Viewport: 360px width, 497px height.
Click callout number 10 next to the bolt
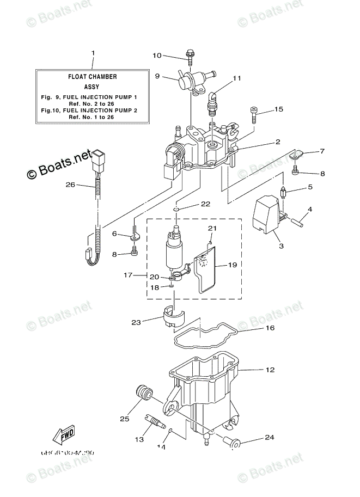point(157,56)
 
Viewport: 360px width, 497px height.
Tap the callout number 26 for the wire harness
point(69,185)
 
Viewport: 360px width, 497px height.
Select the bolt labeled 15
point(254,114)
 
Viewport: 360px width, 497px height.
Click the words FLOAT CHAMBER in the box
point(92,77)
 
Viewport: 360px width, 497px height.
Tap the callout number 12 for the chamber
point(270,370)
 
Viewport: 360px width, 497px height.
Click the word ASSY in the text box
point(92,87)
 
